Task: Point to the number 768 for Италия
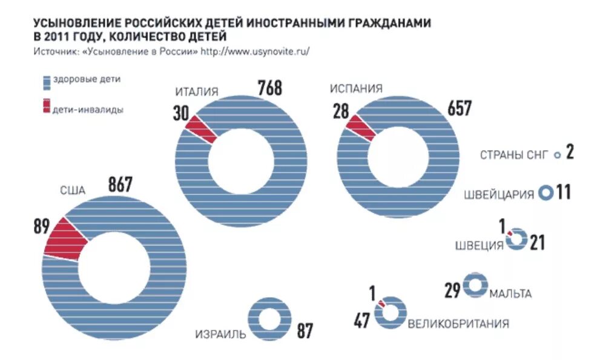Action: (x=269, y=88)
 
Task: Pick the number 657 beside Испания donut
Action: (x=459, y=109)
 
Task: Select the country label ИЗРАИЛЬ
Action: (x=220, y=334)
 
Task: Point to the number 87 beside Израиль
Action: (x=305, y=332)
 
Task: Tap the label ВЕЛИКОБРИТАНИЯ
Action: (x=458, y=323)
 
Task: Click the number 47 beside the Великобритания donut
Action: (x=362, y=321)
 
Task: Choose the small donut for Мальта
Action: (x=475, y=286)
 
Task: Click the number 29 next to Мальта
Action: (x=452, y=291)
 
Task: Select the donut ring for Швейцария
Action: (x=546, y=193)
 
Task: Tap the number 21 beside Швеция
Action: (x=537, y=243)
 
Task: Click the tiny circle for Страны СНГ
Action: (x=557, y=155)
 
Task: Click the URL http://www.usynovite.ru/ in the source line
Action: (x=255, y=52)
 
